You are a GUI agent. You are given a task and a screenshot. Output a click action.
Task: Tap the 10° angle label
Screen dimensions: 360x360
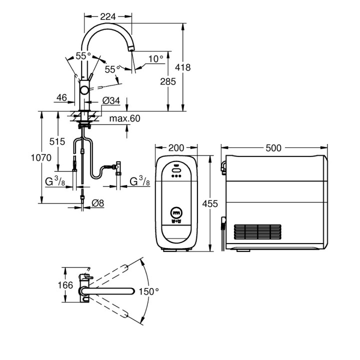pos(155,58)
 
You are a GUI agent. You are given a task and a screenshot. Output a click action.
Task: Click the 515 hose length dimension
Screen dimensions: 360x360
pos(57,141)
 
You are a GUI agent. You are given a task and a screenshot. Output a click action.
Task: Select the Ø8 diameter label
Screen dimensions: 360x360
pos(98,202)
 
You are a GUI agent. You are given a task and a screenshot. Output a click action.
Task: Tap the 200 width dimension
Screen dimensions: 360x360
pos(176,147)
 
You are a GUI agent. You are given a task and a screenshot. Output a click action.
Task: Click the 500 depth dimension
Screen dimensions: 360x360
pos(273,147)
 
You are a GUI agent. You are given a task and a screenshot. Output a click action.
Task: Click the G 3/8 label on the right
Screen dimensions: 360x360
pos(140,181)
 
